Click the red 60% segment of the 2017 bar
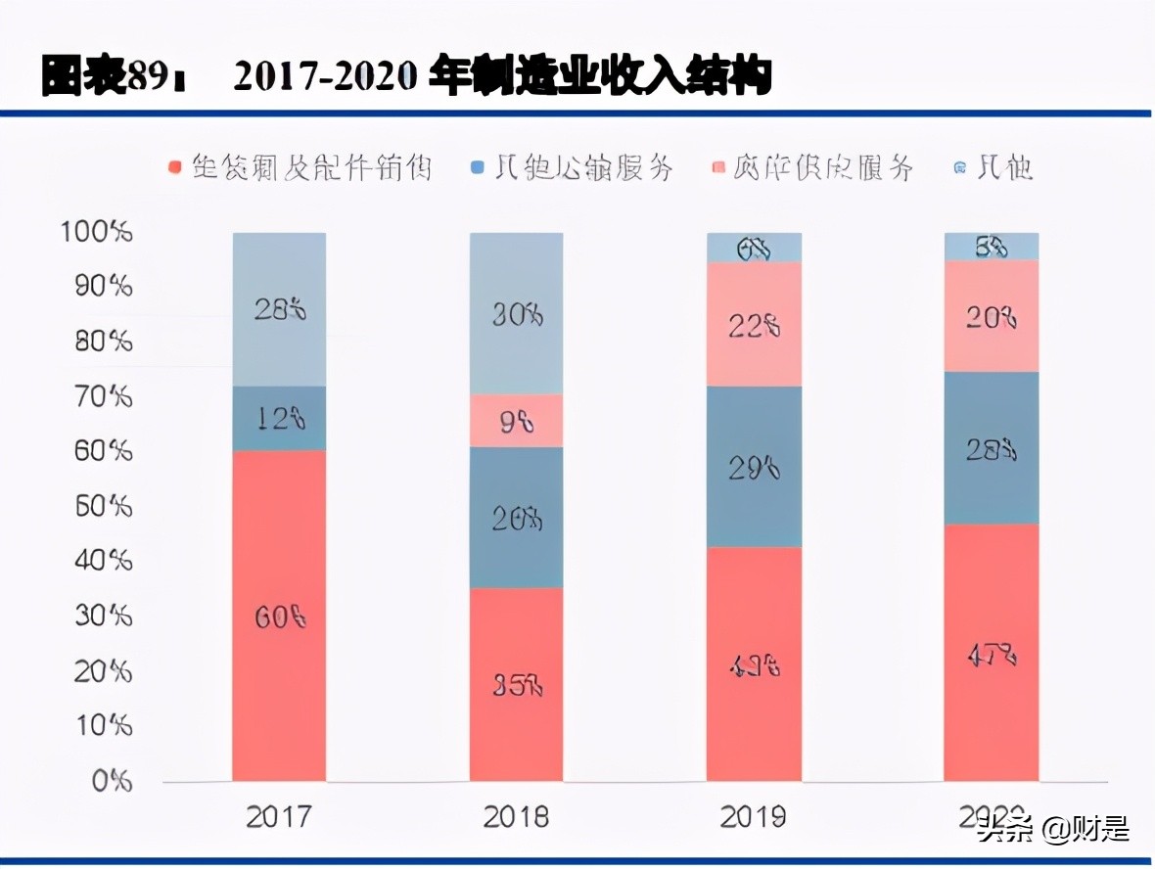click(x=279, y=617)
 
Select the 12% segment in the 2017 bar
click(x=279, y=419)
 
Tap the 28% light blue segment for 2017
click(x=279, y=310)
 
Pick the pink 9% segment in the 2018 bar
click(x=517, y=422)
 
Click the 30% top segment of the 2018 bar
click(x=517, y=314)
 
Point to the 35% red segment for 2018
click(x=517, y=684)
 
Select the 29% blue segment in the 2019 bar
click(x=755, y=468)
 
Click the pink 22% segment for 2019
click(x=755, y=326)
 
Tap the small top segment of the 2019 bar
click(x=755, y=249)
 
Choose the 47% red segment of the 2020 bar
click(x=992, y=653)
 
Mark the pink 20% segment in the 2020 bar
click(x=992, y=317)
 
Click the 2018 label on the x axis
click(x=517, y=816)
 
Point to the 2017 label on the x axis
click(x=279, y=816)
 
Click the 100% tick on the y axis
click(x=96, y=233)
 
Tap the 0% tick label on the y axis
click(x=111, y=781)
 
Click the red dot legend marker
click(x=175, y=168)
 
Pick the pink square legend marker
click(x=717, y=168)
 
